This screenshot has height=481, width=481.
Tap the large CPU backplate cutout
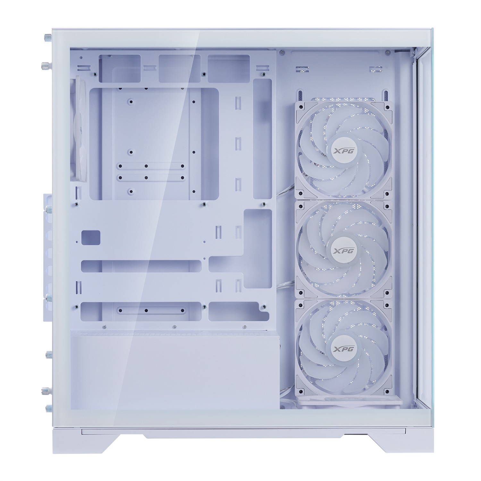[x=154, y=144]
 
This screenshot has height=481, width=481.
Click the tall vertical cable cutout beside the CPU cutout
[x=262, y=139]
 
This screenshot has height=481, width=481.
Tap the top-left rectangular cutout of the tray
[x=120, y=68]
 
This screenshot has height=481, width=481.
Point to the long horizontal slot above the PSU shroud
[x=141, y=311]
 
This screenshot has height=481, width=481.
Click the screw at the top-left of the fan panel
[x=282, y=51]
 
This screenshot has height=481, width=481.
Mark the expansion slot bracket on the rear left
[x=47, y=257]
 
